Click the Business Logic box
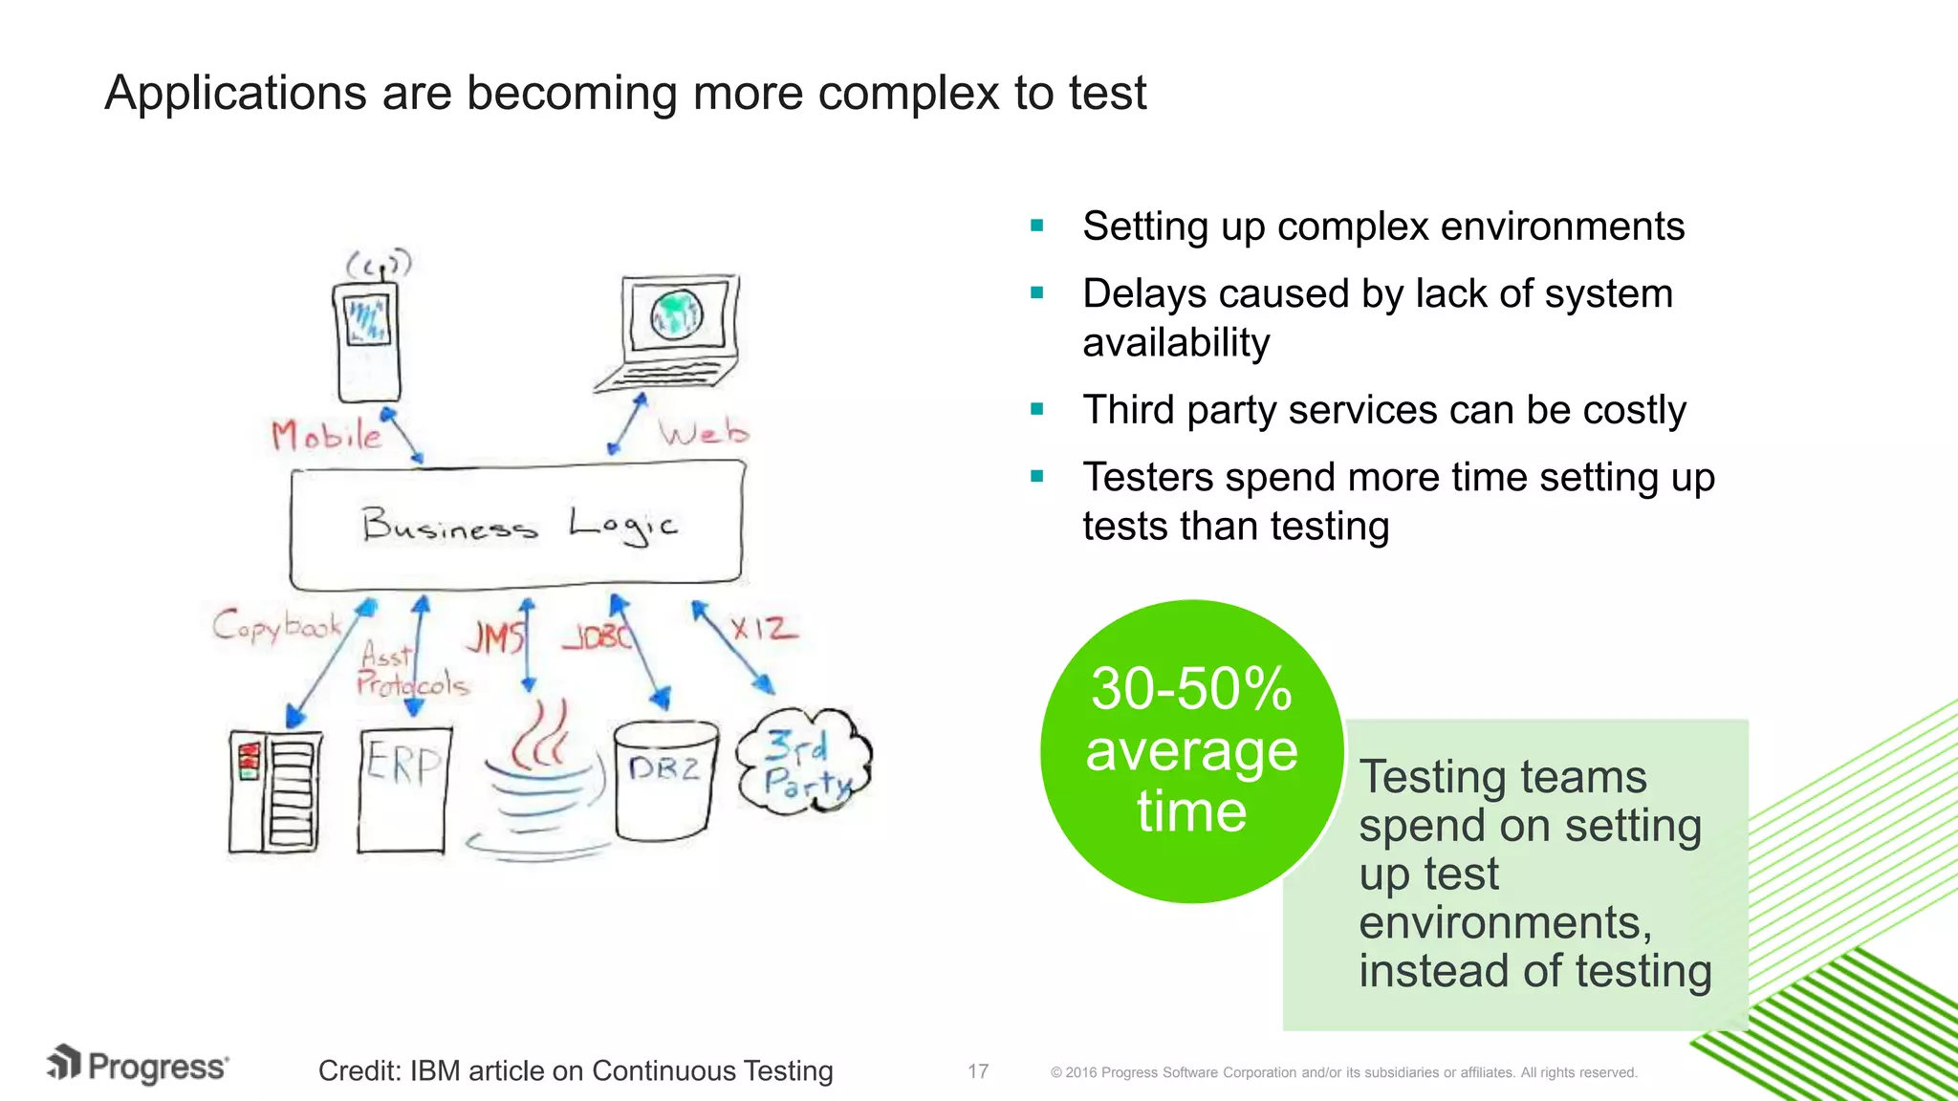click(x=516, y=526)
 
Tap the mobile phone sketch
click(x=368, y=339)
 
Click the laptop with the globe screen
click(x=674, y=330)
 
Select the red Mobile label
click(x=325, y=436)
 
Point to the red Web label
click(x=703, y=433)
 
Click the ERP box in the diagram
click(x=403, y=788)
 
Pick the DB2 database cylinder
click(x=664, y=779)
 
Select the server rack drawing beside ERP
click(x=275, y=791)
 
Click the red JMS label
click(x=495, y=637)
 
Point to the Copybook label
click(x=276, y=626)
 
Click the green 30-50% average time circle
click(x=1191, y=750)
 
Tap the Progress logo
click(x=139, y=1066)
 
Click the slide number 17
click(x=977, y=1071)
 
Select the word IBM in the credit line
click(x=435, y=1071)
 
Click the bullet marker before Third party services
click(x=1037, y=410)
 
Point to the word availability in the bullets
click(x=1176, y=343)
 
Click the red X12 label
click(x=762, y=629)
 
